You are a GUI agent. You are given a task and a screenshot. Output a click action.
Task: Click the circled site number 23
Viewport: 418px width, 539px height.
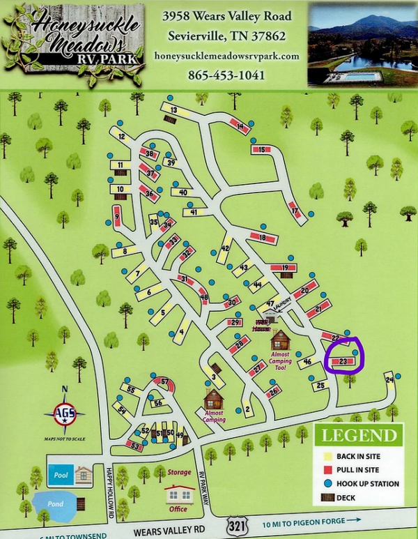pos(343,361)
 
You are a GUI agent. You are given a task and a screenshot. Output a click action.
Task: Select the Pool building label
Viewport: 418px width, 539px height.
pos(59,473)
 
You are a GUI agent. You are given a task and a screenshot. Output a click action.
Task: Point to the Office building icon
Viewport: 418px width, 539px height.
pos(179,496)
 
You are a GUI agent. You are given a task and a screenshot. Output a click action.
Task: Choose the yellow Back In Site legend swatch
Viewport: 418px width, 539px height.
pos(325,456)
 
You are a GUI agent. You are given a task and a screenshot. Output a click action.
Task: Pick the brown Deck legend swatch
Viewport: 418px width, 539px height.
pos(325,497)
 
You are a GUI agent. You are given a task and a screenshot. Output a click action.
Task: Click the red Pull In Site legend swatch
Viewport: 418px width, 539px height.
pos(325,470)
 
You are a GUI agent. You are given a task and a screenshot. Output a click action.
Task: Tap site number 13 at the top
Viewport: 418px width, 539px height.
pos(174,111)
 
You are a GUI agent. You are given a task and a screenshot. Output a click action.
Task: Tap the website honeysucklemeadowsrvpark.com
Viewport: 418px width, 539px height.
pos(226,55)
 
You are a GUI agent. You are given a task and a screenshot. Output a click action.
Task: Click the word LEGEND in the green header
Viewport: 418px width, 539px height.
pos(358,436)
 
